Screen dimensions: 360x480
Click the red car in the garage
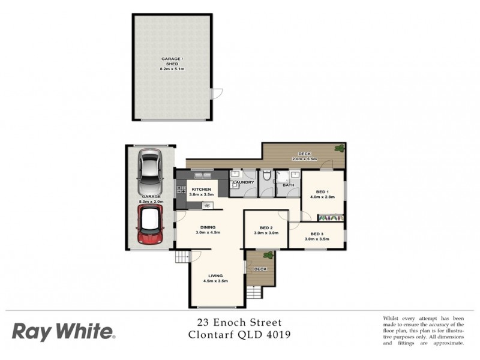[x=150, y=226]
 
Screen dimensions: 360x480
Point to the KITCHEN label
[x=202, y=189]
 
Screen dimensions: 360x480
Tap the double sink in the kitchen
[x=202, y=175]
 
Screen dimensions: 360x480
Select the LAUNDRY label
[x=244, y=182]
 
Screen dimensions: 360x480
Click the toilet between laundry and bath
[x=266, y=177]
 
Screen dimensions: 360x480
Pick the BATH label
[x=289, y=185]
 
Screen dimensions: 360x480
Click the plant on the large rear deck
[x=340, y=148]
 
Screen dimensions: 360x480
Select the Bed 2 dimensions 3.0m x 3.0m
[x=266, y=233]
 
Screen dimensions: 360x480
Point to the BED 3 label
[x=317, y=233]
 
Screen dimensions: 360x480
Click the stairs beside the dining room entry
[x=182, y=257]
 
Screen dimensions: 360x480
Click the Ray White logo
[x=63, y=331]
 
